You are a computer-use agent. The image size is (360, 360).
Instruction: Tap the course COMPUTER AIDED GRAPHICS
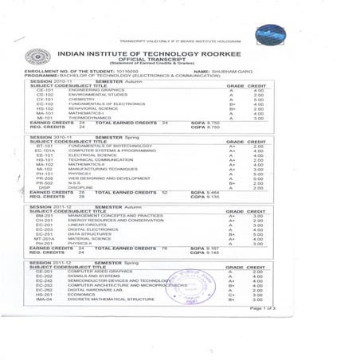pos(98,272)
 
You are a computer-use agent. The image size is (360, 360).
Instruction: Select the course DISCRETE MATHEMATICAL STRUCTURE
pos(110,299)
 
